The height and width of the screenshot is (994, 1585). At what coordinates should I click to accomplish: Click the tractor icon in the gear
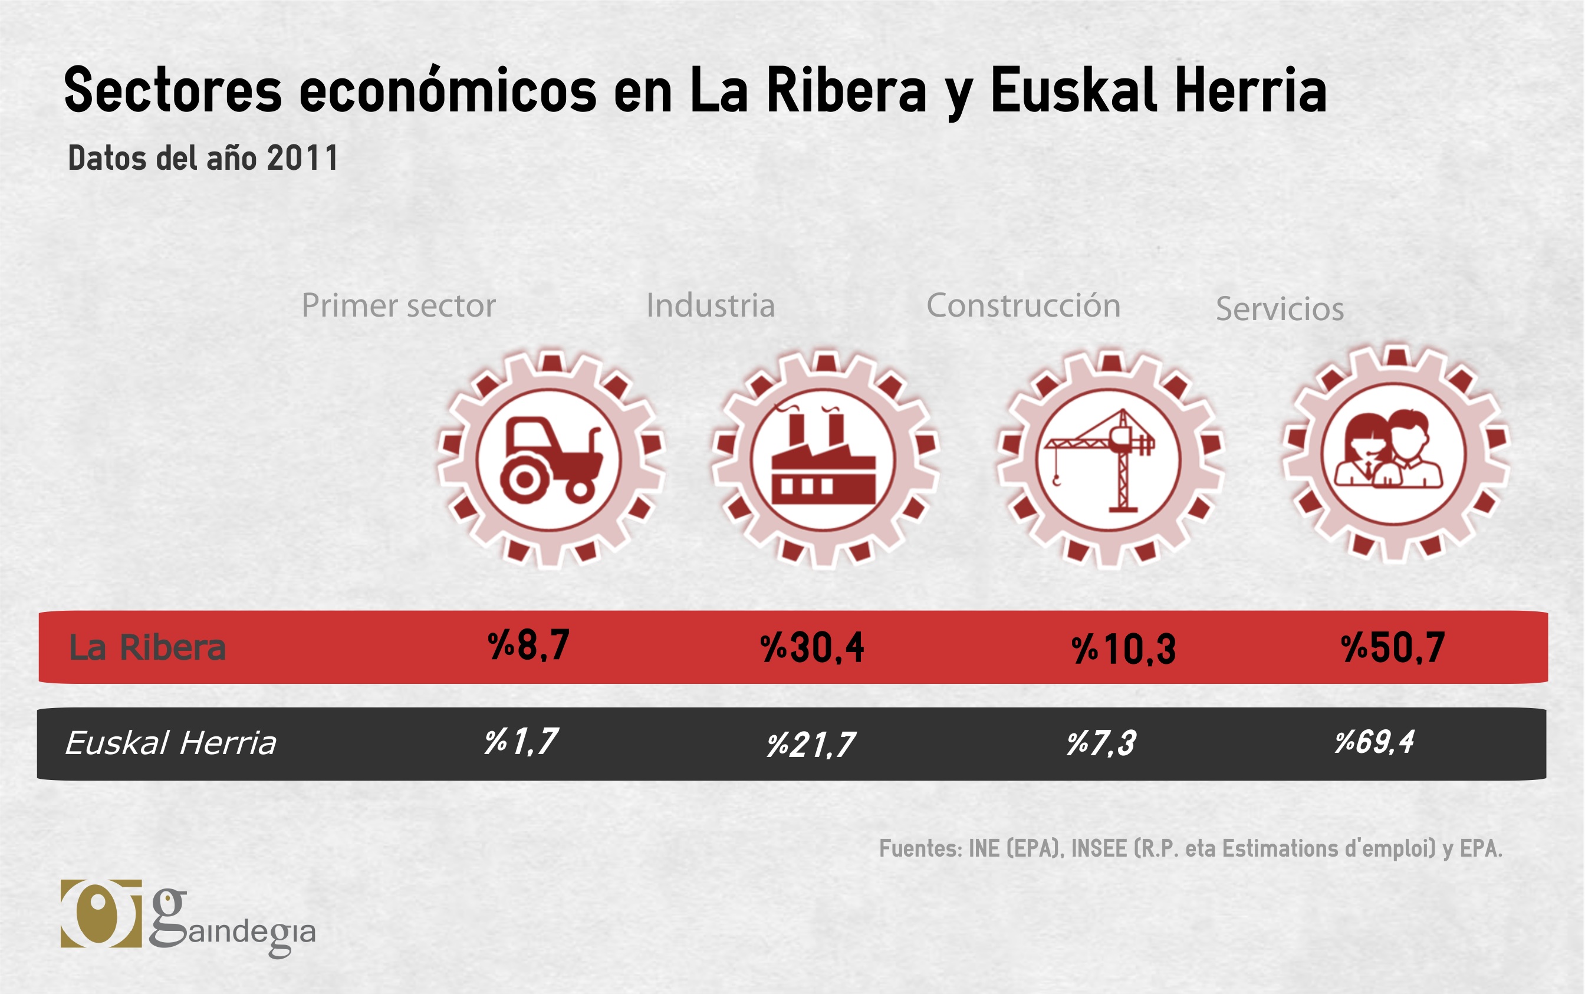pyautogui.click(x=551, y=460)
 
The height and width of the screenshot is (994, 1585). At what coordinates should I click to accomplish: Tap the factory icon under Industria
pyautogui.click(x=824, y=460)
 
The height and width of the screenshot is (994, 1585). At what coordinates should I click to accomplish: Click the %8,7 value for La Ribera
pyautogui.click(x=528, y=646)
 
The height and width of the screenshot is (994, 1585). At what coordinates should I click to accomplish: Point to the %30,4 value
pyautogui.click(x=812, y=648)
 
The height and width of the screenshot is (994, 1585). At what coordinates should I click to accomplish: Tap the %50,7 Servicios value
pyautogui.click(x=1393, y=647)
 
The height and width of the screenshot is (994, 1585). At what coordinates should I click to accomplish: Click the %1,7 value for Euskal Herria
pyautogui.click(x=521, y=742)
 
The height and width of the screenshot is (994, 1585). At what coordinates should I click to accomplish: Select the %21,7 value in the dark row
pyautogui.click(x=811, y=745)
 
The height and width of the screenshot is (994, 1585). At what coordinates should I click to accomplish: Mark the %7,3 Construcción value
pyautogui.click(x=1101, y=743)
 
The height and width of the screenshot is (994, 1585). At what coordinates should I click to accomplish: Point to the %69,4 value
pyautogui.click(x=1374, y=742)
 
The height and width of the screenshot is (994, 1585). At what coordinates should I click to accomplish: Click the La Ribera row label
pyautogui.click(x=148, y=647)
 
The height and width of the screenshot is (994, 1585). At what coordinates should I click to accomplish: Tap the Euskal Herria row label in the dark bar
pyautogui.click(x=171, y=743)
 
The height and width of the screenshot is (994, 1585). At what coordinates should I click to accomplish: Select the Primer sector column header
pyautogui.click(x=399, y=306)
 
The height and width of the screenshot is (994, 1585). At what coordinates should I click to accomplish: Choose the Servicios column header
pyautogui.click(x=1280, y=309)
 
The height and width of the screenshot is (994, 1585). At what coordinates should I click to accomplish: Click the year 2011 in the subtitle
pyautogui.click(x=302, y=159)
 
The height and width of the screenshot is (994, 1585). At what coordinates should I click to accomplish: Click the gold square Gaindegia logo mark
pyautogui.click(x=101, y=914)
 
